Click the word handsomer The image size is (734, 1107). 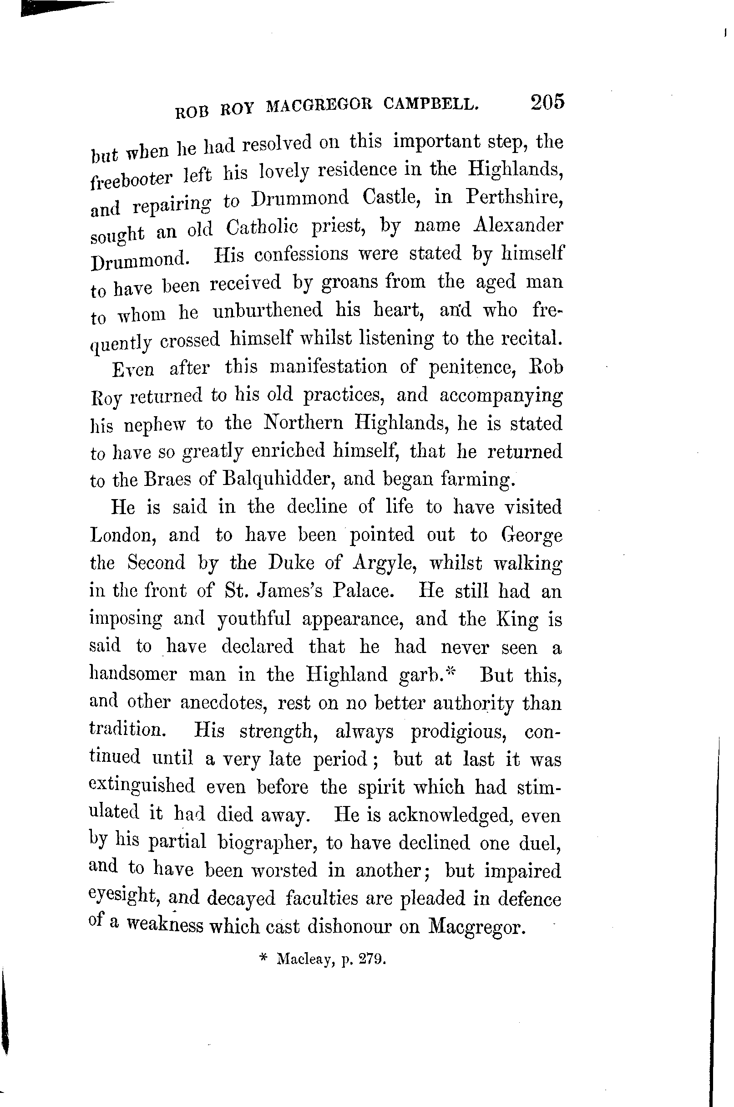tap(133, 674)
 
